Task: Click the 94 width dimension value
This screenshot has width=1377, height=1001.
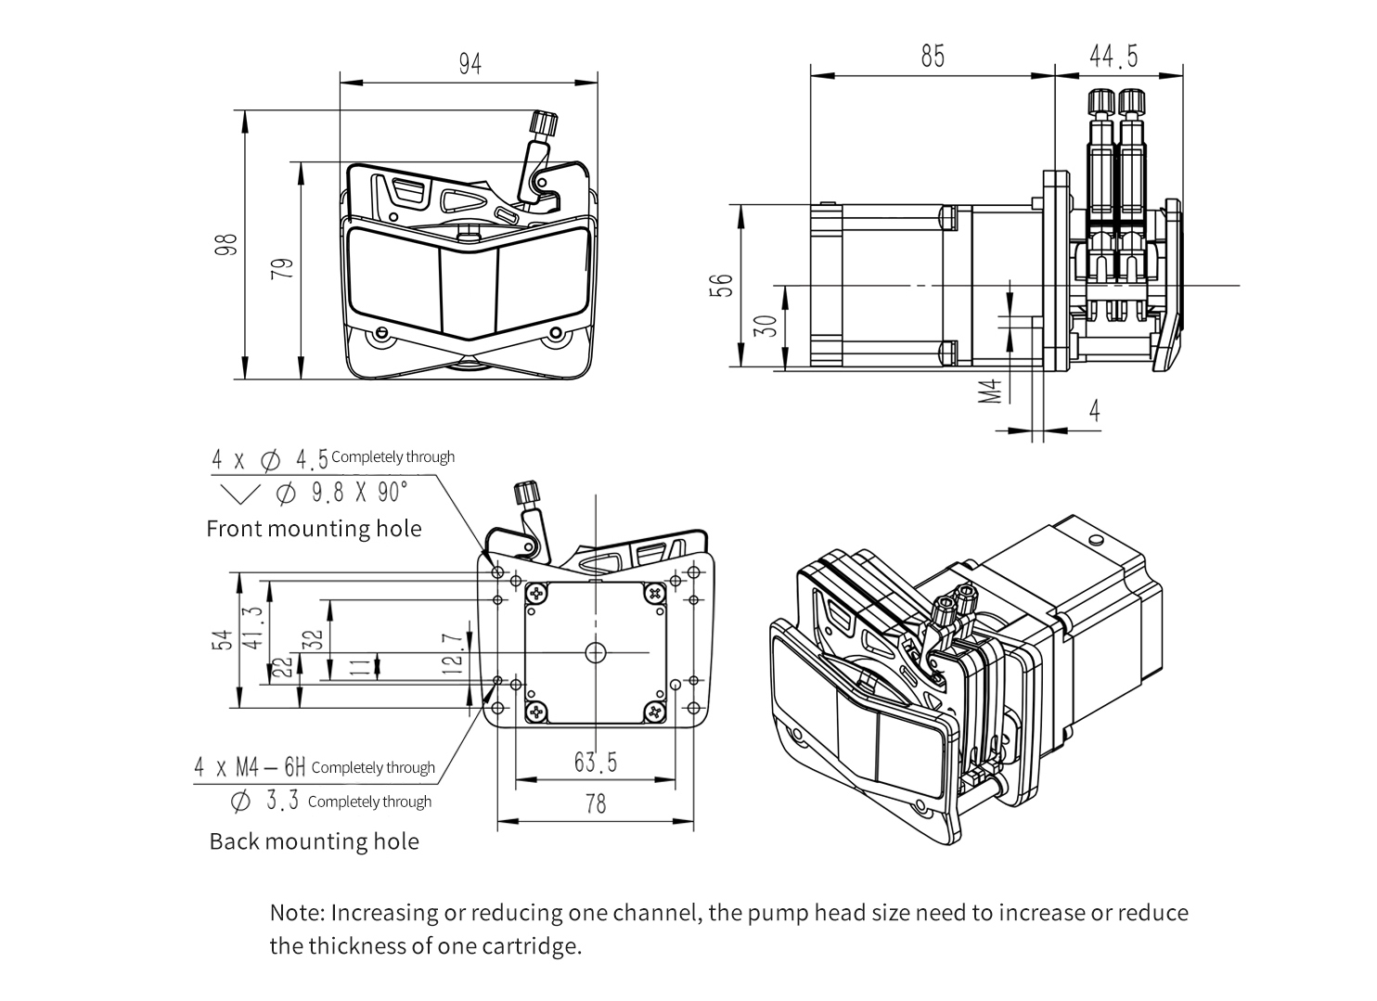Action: (470, 64)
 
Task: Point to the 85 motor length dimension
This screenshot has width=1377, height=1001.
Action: (933, 57)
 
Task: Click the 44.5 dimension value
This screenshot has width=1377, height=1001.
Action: (1113, 57)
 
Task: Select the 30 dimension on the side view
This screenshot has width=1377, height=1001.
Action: (766, 327)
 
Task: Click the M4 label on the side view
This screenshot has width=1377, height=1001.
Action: (992, 391)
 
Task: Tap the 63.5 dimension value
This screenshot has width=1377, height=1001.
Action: (596, 763)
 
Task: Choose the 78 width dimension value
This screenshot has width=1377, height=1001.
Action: (596, 802)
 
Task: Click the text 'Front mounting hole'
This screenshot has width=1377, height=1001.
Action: (314, 529)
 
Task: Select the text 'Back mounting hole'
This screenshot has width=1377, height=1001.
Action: (314, 841)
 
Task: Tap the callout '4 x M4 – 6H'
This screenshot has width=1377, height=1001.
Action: (250, 767)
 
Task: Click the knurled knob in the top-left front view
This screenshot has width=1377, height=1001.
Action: (543, 124)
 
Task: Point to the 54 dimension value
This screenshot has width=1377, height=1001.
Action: (222, 641)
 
